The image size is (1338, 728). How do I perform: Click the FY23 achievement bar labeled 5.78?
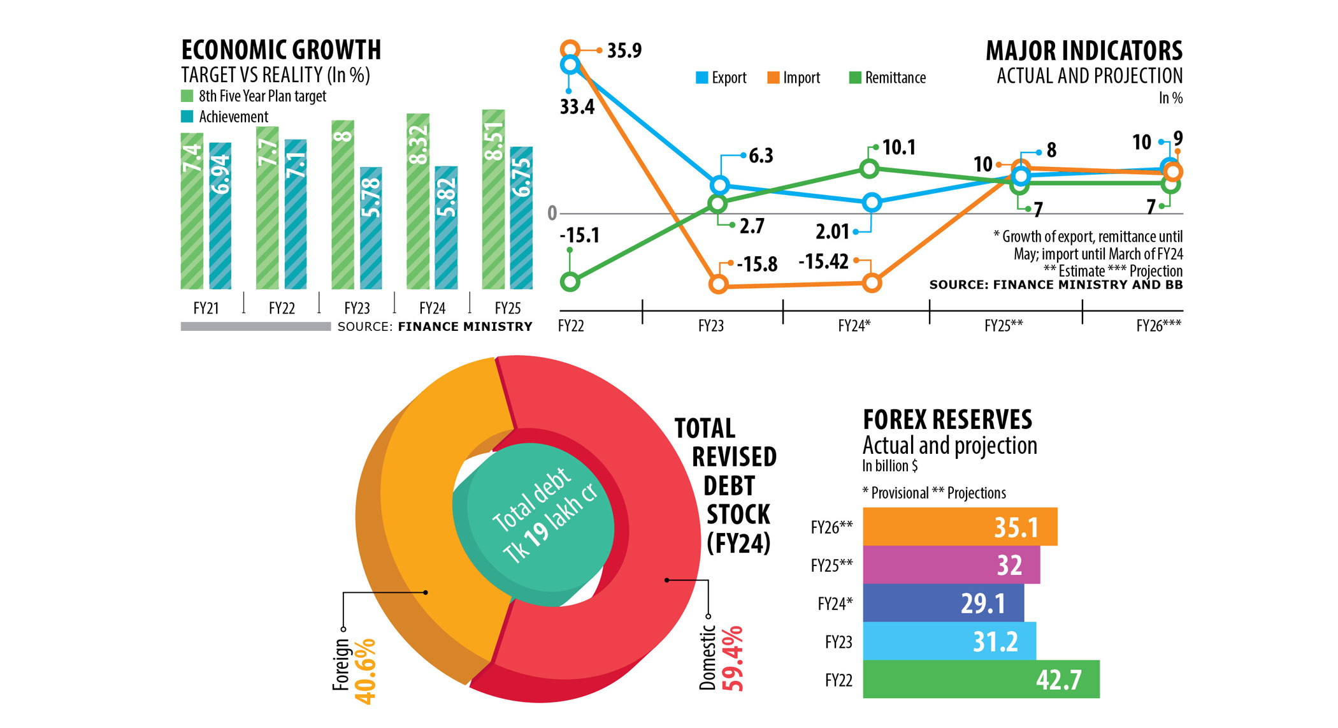(x=371, y=228)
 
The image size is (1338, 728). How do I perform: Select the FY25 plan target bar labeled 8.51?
(x=493, y=199)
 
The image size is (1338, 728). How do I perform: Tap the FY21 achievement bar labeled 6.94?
(x=220, y=215)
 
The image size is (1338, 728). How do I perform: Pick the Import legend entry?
(x=794, y=78)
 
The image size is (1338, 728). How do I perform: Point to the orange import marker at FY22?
(x=570, y=49)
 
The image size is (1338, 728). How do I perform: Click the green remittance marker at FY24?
(x=870, y=169)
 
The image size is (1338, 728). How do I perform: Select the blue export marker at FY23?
(x=719, y=186)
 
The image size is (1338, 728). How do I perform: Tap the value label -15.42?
(x=823, y=262)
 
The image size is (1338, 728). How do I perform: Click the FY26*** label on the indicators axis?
(x=1158, y=326)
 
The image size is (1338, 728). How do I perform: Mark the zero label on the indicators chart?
(x=552, y=213)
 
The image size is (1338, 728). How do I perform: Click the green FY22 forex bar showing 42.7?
(x=981, y=680)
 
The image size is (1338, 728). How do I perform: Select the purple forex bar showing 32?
(x=951, y=565)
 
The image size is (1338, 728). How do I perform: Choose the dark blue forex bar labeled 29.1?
(x=943, y=603)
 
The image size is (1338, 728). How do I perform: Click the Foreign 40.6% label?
(x=354, y=669)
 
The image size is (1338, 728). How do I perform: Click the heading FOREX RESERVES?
(x=947, y=420)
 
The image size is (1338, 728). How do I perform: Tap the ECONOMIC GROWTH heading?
(x=281, y=50)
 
